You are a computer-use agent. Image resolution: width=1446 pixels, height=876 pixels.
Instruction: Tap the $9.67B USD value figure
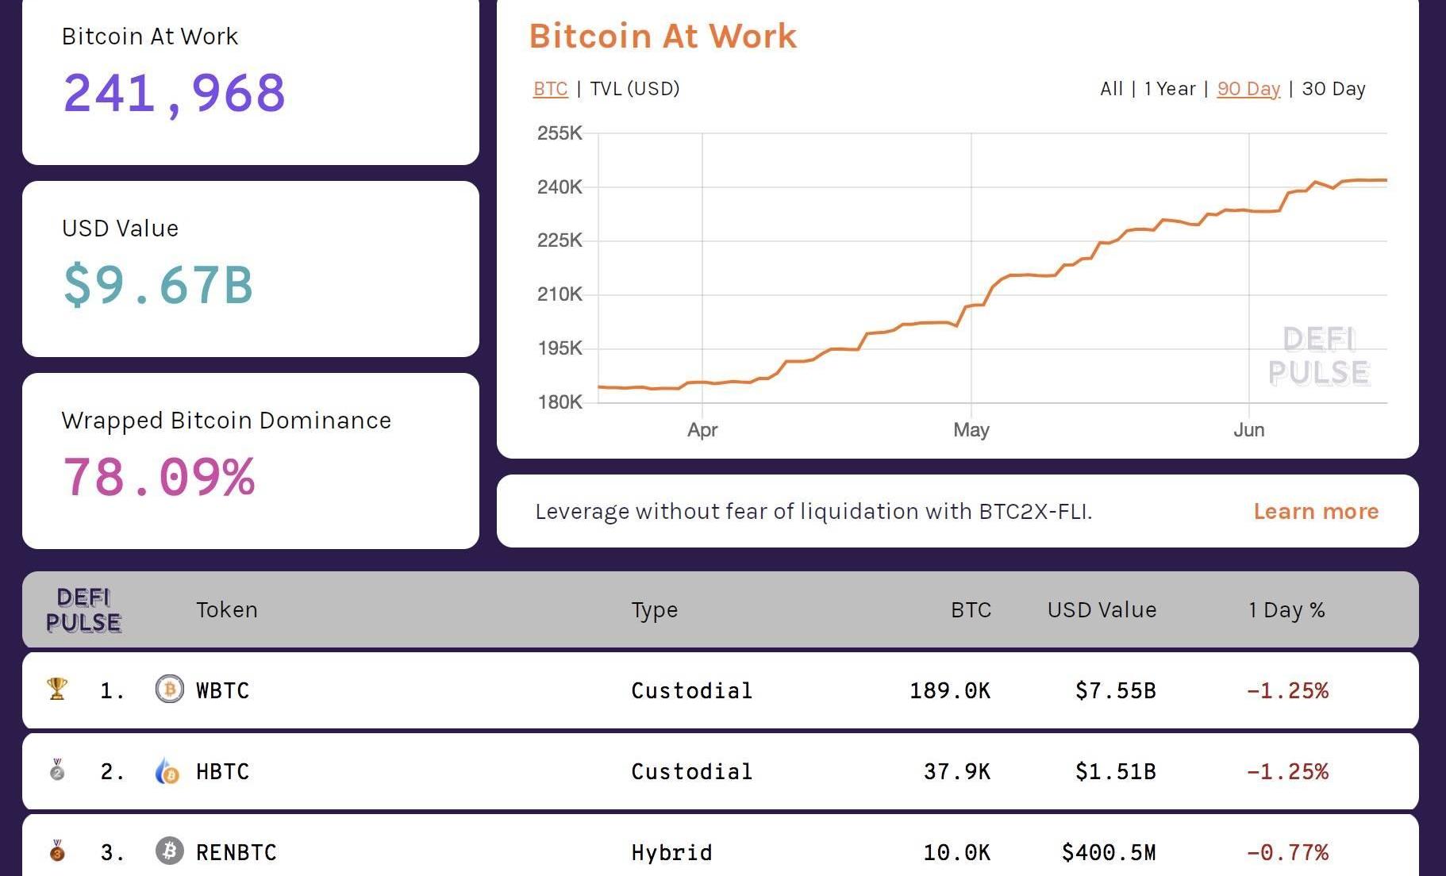(158, 285)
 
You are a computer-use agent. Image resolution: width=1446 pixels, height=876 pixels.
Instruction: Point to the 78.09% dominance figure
(159, 477)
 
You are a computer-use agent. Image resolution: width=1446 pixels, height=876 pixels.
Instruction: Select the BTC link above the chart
(550, 89)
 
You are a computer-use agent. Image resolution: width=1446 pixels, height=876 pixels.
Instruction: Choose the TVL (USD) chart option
(634, 89)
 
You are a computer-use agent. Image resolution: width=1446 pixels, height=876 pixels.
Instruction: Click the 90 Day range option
(1248, 89)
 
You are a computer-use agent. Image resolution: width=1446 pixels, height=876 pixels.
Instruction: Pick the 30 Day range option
(1333, 89)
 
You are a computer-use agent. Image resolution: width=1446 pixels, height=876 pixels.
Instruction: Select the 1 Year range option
(1169, 89)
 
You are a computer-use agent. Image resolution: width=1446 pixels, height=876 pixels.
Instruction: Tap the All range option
(1111, 89)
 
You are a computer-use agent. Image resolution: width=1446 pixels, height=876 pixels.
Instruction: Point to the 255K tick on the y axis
(560, 133)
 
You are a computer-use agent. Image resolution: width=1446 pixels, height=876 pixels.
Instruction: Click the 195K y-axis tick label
(560, 348)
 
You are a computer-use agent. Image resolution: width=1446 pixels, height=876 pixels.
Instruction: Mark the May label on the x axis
(971, 430)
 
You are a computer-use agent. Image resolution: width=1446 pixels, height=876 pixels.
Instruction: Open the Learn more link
(1316, 512)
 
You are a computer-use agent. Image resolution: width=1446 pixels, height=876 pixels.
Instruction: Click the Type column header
(654, 610)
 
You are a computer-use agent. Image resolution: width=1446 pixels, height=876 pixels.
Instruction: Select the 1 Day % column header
(1286, 610)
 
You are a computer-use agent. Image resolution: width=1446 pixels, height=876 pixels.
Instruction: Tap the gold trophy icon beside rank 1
(57, 689)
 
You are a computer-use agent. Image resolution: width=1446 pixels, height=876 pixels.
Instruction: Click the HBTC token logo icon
(167, 771)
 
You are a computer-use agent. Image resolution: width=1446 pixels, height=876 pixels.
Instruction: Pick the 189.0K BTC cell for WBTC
(949, 690)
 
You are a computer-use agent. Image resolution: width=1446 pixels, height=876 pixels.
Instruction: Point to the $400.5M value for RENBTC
(1108, 853)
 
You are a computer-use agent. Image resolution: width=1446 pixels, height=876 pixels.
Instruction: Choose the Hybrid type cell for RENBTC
(671, 853)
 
